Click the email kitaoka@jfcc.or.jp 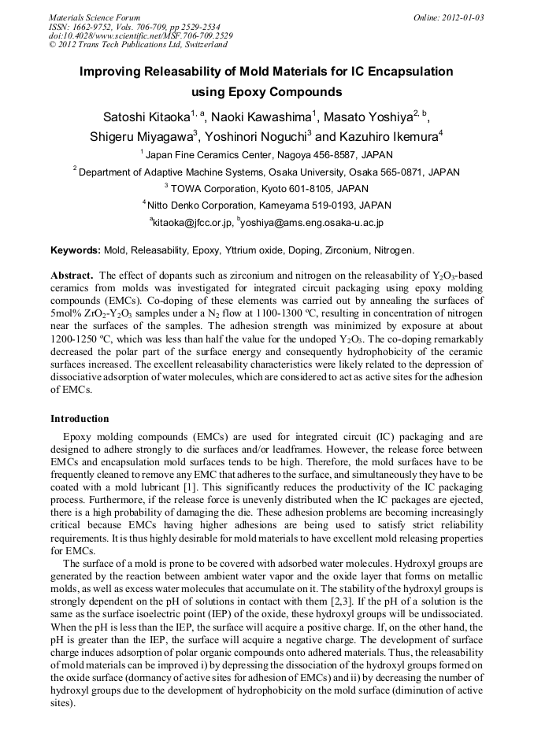(192, 223)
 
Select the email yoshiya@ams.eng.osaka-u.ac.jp (312, 223)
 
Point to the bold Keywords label (75, 250)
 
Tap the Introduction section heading (80, 419)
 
